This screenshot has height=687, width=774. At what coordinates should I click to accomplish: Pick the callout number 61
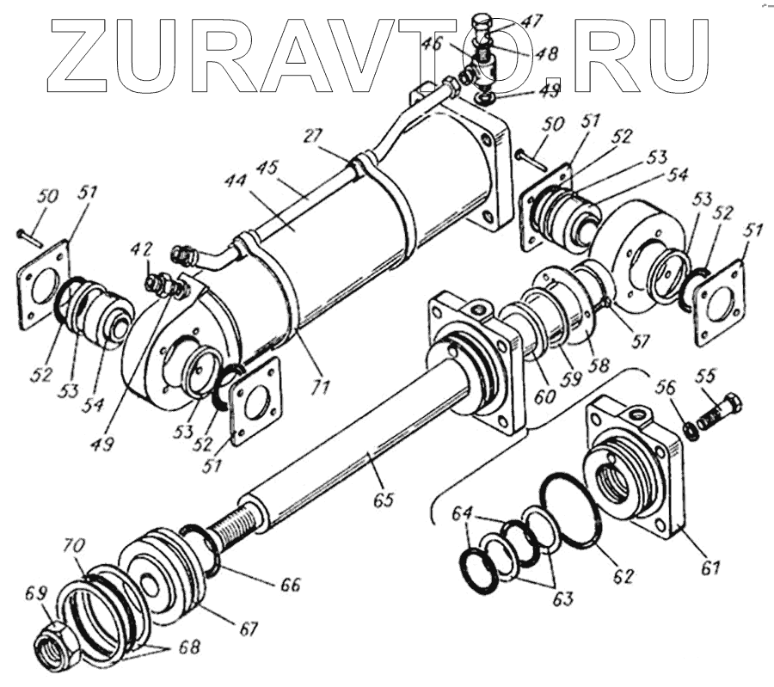[711, 567]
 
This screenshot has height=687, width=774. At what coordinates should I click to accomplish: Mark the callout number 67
[249, 629]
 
